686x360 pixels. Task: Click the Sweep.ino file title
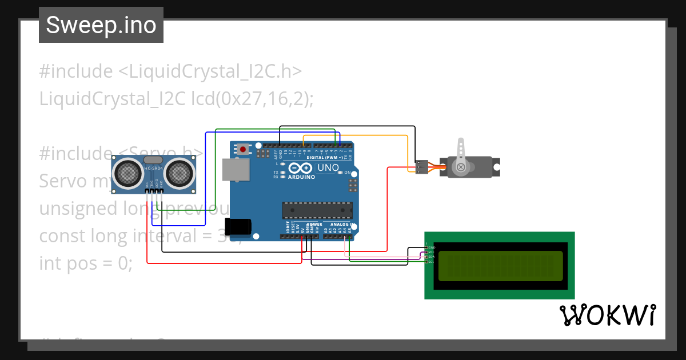101,25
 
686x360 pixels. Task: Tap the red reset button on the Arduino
243,150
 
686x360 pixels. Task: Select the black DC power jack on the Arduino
238,227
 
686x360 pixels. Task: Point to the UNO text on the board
328,168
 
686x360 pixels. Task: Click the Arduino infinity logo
301,168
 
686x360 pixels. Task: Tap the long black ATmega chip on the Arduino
317,211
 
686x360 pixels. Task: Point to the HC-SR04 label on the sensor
153,168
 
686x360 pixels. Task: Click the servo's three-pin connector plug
421,167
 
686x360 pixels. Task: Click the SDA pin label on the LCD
432,257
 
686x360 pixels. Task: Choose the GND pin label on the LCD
432,247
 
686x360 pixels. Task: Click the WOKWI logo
607,315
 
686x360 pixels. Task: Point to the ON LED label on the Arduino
347,172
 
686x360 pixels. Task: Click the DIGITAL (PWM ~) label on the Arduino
325,157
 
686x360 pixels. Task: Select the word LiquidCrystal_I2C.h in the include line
210,71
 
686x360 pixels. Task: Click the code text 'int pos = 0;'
86,263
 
